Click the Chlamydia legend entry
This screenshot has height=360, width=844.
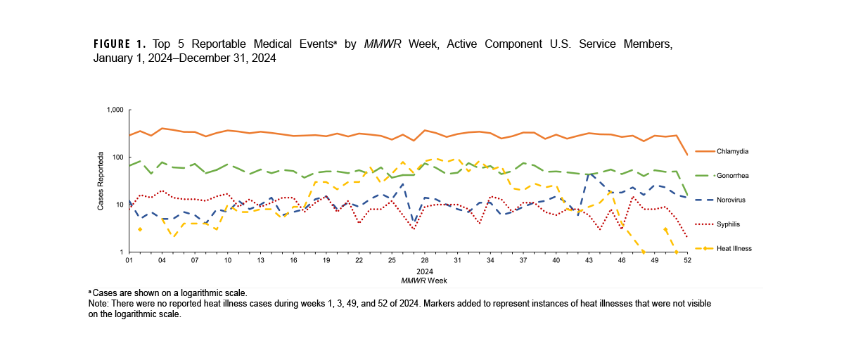click(x=731, y=151)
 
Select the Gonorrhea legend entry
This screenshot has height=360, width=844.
click(x=732, y=175)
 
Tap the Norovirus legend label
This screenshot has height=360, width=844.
click(x=731, y=200)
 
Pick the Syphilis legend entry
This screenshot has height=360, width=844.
click(x=729, y=224)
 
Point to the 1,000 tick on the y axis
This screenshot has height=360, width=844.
click(x=115, y=110)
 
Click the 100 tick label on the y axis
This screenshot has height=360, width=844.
click(x=117, y=157)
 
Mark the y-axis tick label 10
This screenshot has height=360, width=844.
click(x=120, y=205)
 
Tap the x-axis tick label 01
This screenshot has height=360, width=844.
click(x=129, y=260)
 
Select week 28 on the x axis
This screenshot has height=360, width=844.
click(x=425, y=260)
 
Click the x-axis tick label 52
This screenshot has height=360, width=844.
click(x=687, y=260)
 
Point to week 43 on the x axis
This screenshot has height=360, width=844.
click(x=589, y=260)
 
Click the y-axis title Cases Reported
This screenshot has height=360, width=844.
click(x=101, y=181)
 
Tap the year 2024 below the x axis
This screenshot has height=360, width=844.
click(x=424, y=271)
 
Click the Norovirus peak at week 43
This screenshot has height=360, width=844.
click(x=589, y=173)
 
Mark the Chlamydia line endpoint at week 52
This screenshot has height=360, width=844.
click(x=687, y=155)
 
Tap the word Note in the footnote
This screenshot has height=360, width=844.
click(x=98, y=302)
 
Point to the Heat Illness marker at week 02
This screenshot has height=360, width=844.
click(x=140, y=229)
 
